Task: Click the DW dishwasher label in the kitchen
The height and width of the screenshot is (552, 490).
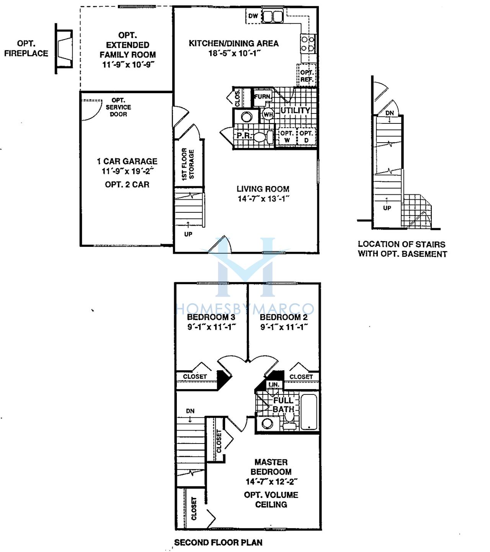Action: (x=253, y=16)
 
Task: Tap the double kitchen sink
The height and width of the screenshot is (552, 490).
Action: (x=272, y=16)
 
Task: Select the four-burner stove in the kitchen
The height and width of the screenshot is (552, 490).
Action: (x=308, y=44)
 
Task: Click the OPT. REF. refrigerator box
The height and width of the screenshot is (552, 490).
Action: (x=306, y=75)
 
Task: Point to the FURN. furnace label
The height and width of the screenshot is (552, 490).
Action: (x=263, y=97)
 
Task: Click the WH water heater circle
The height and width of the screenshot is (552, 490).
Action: (x=268, y=114)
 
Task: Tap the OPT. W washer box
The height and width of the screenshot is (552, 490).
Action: (x=287, y=136)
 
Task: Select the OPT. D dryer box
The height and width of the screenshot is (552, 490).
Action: (x=306, y=136)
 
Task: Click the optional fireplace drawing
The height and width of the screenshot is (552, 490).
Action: (x=64, y=49)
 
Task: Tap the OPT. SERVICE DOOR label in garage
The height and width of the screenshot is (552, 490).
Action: (x=118, y=107)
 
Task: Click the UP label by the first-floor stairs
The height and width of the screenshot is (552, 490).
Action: (x=188, y=234)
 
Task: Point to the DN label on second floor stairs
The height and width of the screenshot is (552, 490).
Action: (x=190, y=411)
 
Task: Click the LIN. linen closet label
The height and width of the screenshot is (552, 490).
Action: (x=274, y=384)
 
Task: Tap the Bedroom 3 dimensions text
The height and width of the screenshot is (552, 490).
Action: (x=211, y=327)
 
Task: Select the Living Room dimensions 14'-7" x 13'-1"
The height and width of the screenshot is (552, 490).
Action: (x=263, y=199)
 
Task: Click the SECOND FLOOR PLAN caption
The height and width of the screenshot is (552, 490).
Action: (x=218, y=542)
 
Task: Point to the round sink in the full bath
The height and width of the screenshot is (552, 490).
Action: (x=267, y=424)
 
